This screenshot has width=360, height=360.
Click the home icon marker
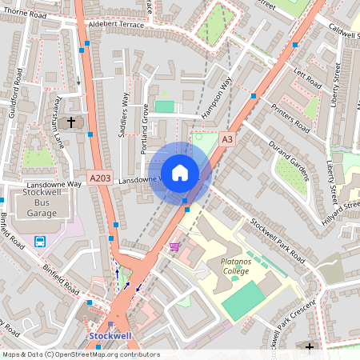click(x=180, y=172)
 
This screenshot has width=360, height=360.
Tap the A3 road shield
click(x=228, y=139)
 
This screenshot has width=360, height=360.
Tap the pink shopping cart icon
click(x=174, y=247)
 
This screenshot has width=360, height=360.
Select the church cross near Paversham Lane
click(x=72, y=122)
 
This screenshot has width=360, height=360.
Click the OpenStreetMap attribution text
click(x=80, y=354)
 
